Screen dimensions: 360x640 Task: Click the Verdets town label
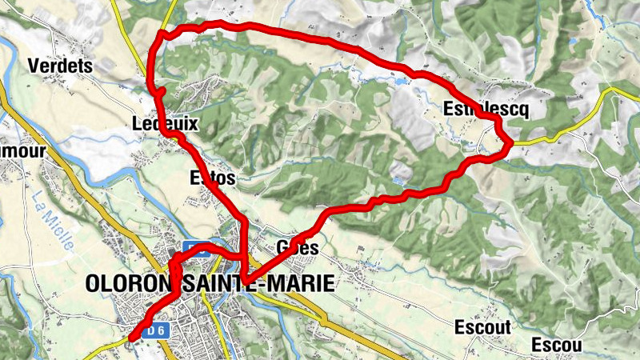click(x=60, y=66)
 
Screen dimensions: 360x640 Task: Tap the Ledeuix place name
click(x=165, y=123)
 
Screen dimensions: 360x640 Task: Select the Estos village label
click(x=213, y=178)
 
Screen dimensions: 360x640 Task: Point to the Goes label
click(x=297, y=249)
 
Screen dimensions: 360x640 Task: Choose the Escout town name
click(x=482, y=326)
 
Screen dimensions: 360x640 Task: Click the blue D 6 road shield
click(x=157, y=330)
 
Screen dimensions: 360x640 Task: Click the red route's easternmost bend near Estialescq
click(x=510, y=142)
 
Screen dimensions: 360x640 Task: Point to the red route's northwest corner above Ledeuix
click(x=162, y=34)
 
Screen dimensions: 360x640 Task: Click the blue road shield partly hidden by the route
click(x=196, y=247)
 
